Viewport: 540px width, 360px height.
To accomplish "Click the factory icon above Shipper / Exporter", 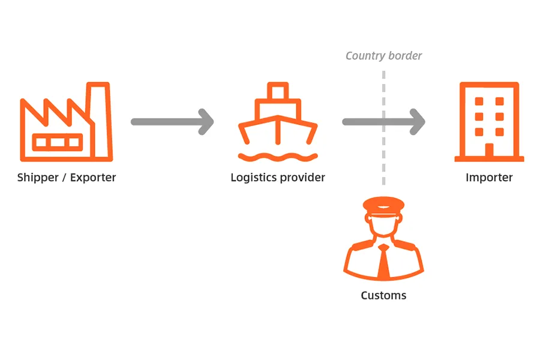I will (x=65, y=123).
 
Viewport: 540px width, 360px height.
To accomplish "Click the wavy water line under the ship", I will (x=277, y=157).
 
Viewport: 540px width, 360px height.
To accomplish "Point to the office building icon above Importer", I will (x=488, y=122).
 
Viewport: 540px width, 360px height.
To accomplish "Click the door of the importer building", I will (x=489, y=151).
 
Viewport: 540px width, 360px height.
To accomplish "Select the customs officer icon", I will (x=383, y=240).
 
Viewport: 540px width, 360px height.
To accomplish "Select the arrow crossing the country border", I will (x=383, y=122).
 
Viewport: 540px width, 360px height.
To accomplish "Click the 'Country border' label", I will (x=383, y=56).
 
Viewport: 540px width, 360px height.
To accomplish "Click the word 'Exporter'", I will (x=92, y=178).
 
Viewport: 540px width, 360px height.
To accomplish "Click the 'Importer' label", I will (x=489, y=178).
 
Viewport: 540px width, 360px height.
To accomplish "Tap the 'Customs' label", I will (x=383, y=295).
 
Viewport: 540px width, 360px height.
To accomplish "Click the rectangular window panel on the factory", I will (x=51, y=142).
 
